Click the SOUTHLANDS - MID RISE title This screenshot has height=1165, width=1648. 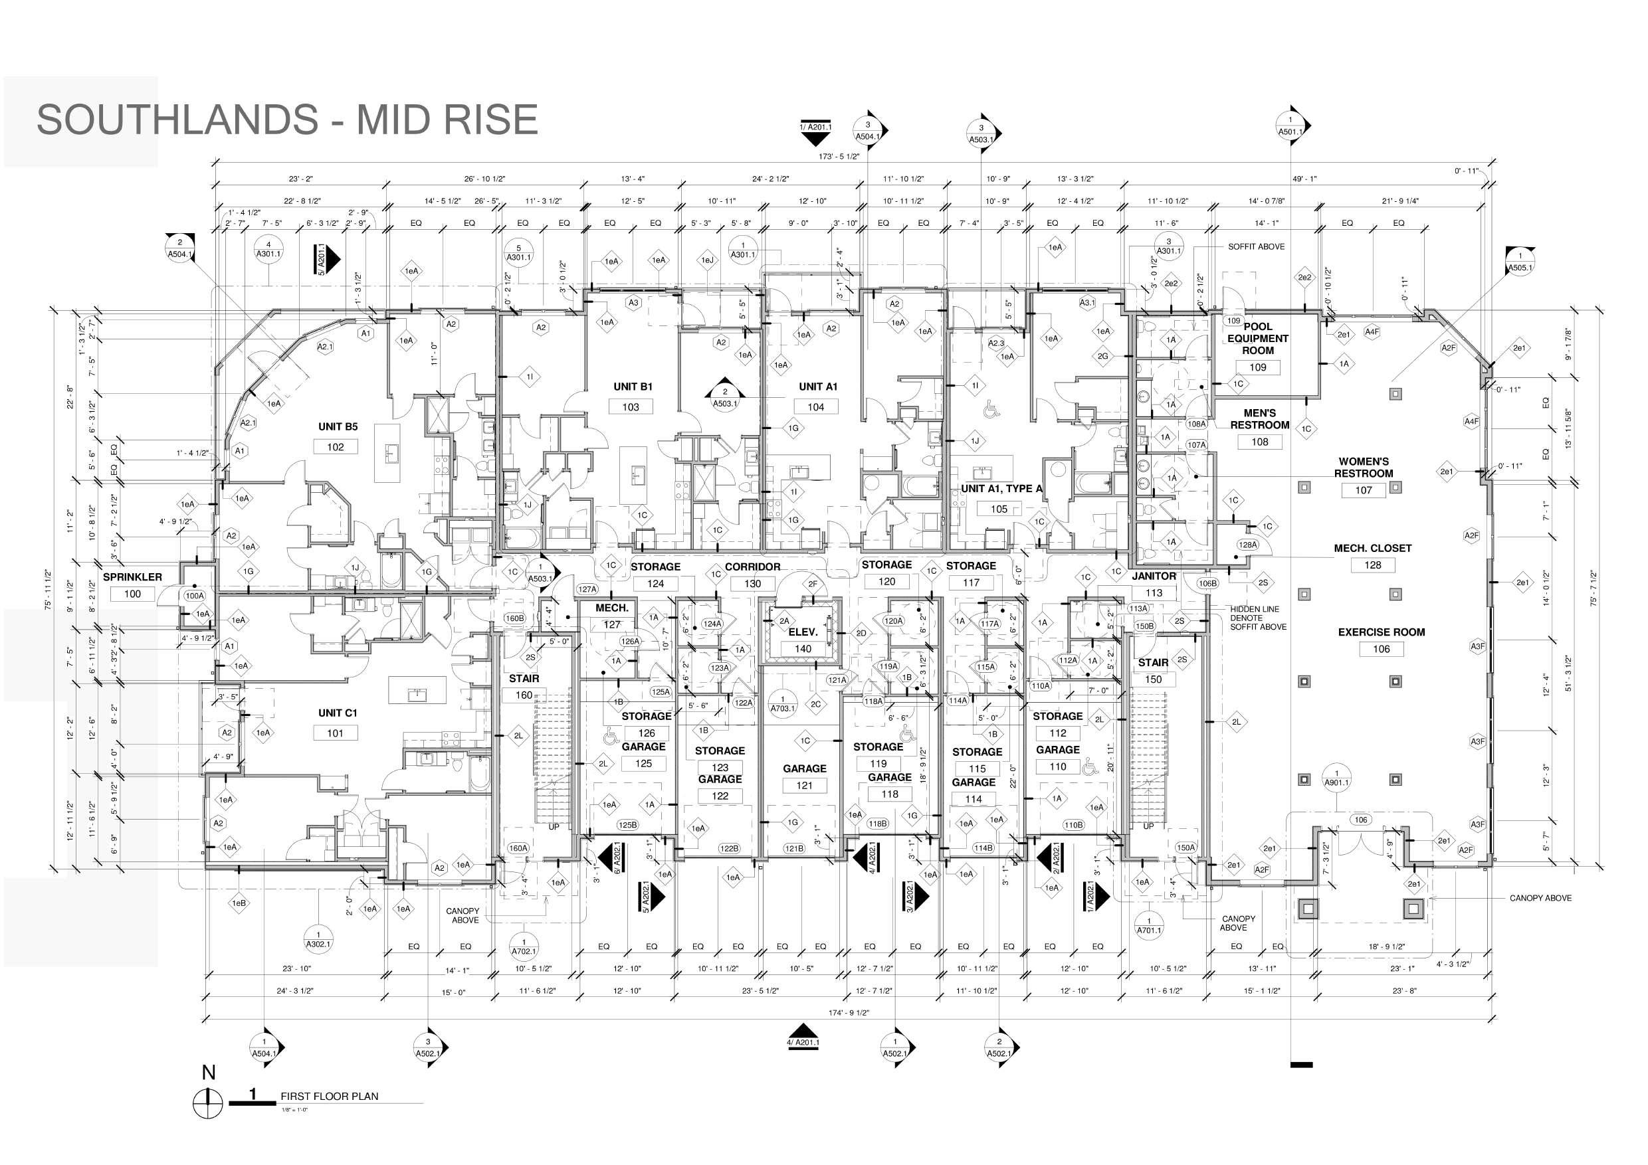tap(287, 119)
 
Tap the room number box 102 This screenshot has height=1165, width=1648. tap(335, 447)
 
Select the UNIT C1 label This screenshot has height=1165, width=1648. tap(338, 713)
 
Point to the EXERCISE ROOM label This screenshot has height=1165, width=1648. tap(1381, 632)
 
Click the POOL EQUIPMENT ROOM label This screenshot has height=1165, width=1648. tap(1258, 339)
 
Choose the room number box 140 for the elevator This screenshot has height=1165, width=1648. tap(803, 649)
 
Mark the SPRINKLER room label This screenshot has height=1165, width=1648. tap(132, 577)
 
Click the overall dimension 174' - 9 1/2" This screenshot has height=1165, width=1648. tap(849, 1013)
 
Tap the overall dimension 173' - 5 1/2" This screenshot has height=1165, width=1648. tap(839, 156)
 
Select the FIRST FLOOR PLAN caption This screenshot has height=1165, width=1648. tap(329, 1096)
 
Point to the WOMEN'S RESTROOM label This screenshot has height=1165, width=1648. tap(1364, 467)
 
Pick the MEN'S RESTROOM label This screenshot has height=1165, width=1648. tap(1260, 419)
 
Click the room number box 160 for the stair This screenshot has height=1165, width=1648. tap(524, 695)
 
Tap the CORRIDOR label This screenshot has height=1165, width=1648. tap(752, 567)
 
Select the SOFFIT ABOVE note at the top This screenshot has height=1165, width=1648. tap(1256, 247)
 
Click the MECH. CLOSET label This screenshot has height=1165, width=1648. tap(1372, 548)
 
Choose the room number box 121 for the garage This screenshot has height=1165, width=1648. tap(804, 786)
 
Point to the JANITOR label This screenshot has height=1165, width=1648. tap(1154, 576)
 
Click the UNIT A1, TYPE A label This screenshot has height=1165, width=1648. tap(1001, 489)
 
